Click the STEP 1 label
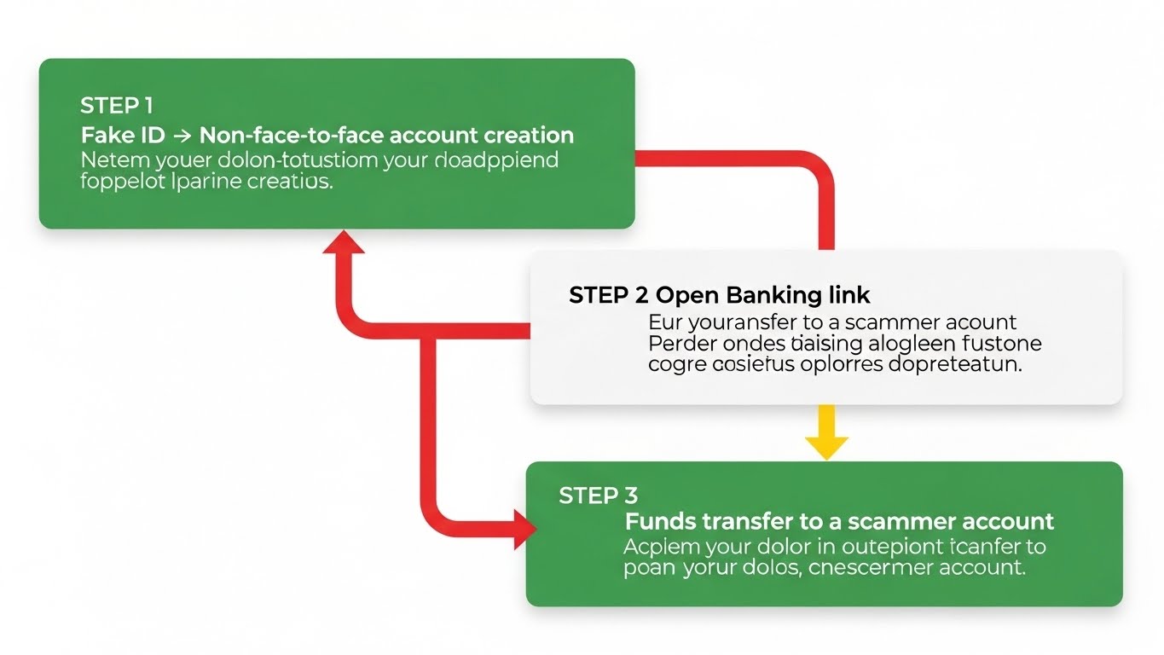point(116,106)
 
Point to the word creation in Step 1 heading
point(528,135)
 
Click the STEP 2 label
point(609,295)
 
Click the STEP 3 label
point(598,496)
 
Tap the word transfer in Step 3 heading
point(738,521)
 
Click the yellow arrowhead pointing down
point(826,446)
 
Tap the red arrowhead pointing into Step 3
point(522,530)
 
